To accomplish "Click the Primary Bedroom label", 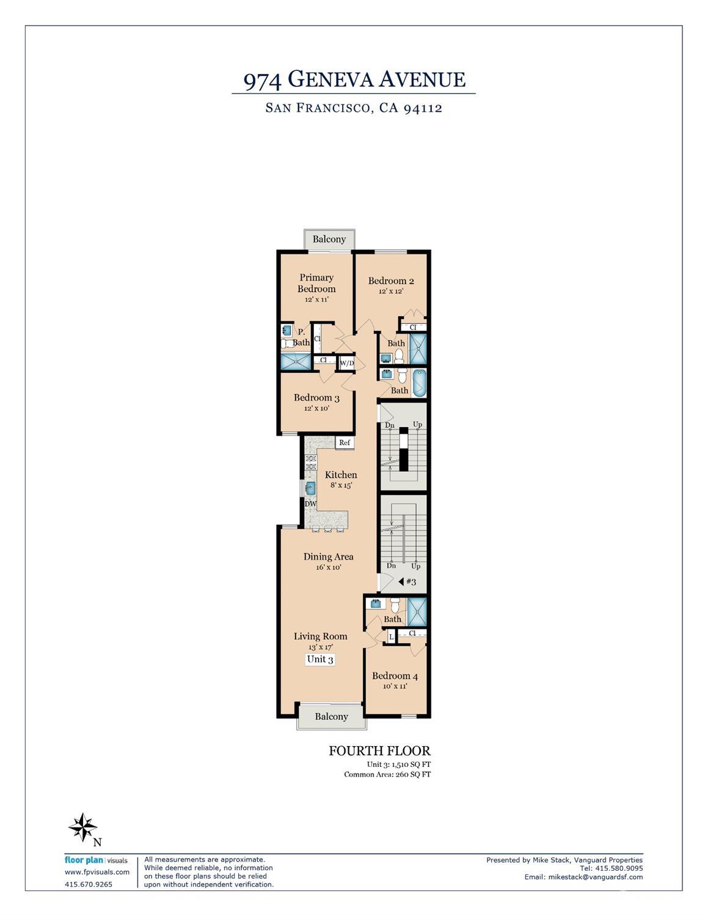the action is pyautogui.click(x=316, y=283).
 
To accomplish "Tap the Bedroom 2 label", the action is pyautogui.click(x=391, y=280).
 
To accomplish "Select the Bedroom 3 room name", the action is pyautogui.click(x=316, y=398).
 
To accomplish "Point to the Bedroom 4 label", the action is pyautogui.click(x=395, y=676).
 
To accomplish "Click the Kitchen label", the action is pyautogui.click(x=341, y=475).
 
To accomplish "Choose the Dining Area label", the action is pyautogui.click(x=328, y=557).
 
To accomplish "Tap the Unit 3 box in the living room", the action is pyautogui.click(x=320, y=659).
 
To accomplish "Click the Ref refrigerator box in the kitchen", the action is pyautogui.click(x=345, y=442).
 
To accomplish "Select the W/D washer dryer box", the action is pyautogui.click(x=347, y=363).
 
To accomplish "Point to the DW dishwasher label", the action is pyautogui.click(x=310, y=504).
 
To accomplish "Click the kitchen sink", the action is pyautogui.click(x=310, y=488).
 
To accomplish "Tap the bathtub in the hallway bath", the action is pyautogui.click(x=419, y=383).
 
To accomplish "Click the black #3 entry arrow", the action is pyautogui.click(x=401, y=582).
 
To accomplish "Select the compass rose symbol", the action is pyautogui.click(x=83, y=827).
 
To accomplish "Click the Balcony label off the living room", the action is pyautogui.click(x=331, y=717).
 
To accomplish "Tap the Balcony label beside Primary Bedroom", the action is pyautogui.click(x=329, y=239).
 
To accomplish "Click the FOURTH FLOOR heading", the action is pyautogui.click(x=380, y=750).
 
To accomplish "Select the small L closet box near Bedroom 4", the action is pyautogui.click(x=391, y=637).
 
